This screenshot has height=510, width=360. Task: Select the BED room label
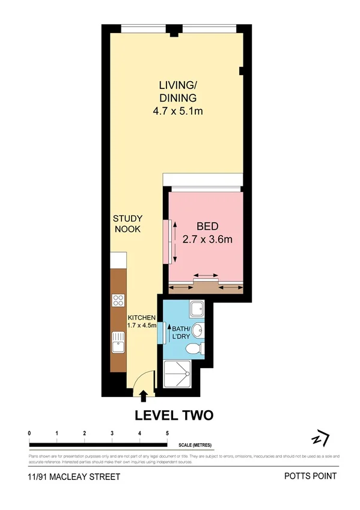(207, 227)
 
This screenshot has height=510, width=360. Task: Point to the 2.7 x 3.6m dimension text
(207, 239)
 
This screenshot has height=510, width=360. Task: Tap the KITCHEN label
(142, 318)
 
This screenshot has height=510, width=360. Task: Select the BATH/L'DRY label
(181, 333)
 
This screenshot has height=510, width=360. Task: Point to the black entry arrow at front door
(143, 395)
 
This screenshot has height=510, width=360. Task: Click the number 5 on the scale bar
(167, 433)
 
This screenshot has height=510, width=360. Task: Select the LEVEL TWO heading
(174, 415)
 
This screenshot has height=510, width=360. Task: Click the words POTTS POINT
(310, 476)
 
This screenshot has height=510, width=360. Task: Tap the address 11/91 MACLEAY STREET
(73, 476)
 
